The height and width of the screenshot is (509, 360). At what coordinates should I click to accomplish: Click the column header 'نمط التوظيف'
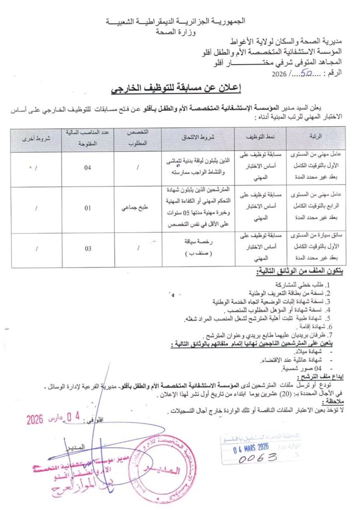click(259, 135)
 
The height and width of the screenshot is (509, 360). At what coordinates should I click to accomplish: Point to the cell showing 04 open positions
click(88, 168)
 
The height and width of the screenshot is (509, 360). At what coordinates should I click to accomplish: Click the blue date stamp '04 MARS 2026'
click(251, 447)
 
